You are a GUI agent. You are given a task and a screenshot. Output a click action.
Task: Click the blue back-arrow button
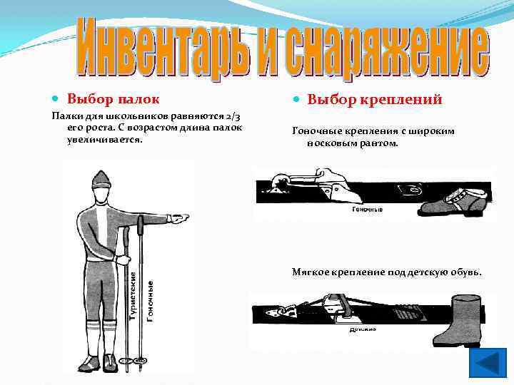coord(487,363)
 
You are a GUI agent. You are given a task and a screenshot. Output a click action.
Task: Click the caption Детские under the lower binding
coord(363,329)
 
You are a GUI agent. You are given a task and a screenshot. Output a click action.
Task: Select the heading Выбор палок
coord(113,98)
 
